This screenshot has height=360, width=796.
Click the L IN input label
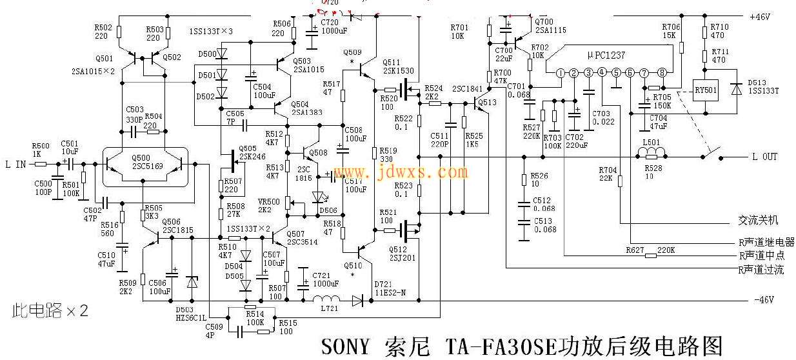point(15,164)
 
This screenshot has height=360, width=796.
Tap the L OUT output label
point(765,157)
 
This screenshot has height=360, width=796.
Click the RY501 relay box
point(704,90)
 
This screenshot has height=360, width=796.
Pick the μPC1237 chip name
point(606,56)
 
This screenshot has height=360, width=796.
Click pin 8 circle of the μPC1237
point(661,72)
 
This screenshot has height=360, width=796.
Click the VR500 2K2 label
point(268,206)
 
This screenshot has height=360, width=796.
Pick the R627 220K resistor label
point(652,249)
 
